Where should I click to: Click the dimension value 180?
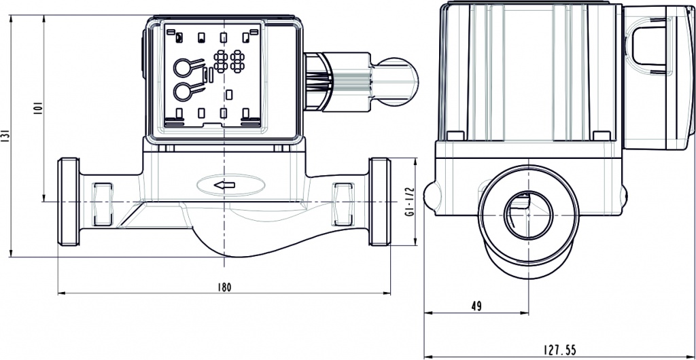tap(224, 287)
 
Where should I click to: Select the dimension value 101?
tap(39, 109)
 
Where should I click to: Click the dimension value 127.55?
tap(559, 350)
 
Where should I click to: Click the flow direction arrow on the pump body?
tap(224, 185)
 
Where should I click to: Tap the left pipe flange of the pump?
tap(69, 202)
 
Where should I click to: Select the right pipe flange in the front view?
tap(380, 202)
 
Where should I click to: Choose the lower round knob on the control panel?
tap(183, 91)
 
